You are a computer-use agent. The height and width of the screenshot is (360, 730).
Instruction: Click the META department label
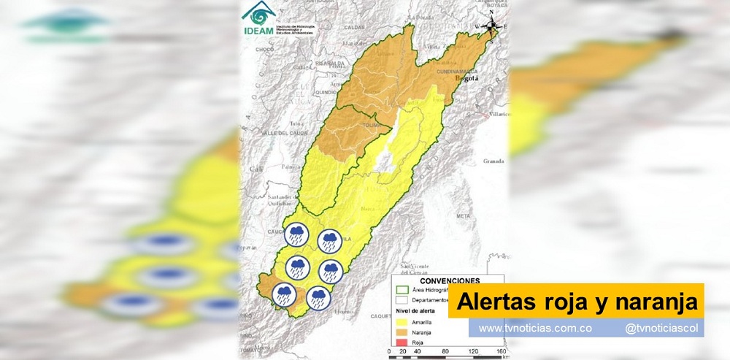click(x=463, y=216)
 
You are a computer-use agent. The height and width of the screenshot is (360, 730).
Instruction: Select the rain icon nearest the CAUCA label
click(x=296, y=235)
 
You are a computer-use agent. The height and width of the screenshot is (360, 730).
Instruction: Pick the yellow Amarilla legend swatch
click(x=401, y=322)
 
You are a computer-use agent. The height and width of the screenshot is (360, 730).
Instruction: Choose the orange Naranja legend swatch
click(x=401, y=332)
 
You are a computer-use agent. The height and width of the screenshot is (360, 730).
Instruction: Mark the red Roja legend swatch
click(x=401, y=341)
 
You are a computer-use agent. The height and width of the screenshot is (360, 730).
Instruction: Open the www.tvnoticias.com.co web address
click(x=534, y=329)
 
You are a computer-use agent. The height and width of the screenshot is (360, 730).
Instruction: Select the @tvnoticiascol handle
click(x=662, y=329)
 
